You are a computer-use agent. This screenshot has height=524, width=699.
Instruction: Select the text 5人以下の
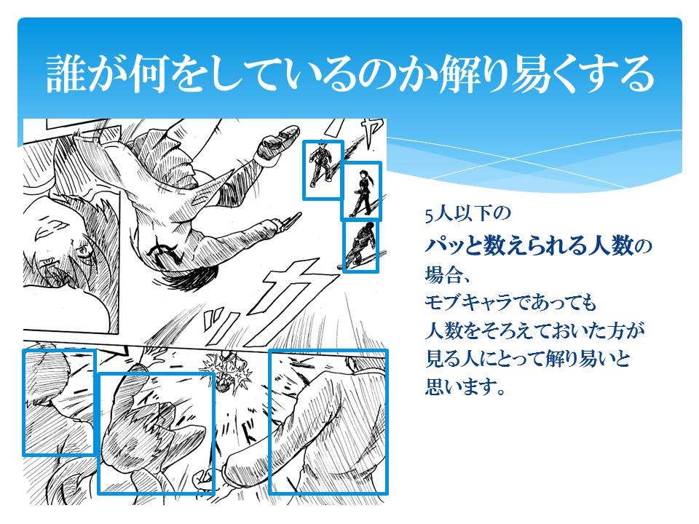pyautogui.click(x=467, y=214)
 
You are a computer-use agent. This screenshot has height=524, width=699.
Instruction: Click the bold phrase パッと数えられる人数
pyautogui.click(x=529, y=245)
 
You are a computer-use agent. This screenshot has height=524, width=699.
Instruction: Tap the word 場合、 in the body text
pyautogui.click(x=447, y=274)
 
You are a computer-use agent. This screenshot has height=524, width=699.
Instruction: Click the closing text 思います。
pyautogui.click(x=465, y=386)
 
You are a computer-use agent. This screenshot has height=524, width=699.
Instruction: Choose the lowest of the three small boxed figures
pyautogui.click(x=361, y=246)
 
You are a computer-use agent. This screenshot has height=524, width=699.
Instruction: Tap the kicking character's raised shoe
pyautogui.click(x=277, y=142)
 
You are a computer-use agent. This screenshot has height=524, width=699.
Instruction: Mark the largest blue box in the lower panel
pyautogui.click(x=328, y=422)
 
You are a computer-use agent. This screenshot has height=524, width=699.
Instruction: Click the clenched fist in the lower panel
pyautogui.click(x=203, y=480)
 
